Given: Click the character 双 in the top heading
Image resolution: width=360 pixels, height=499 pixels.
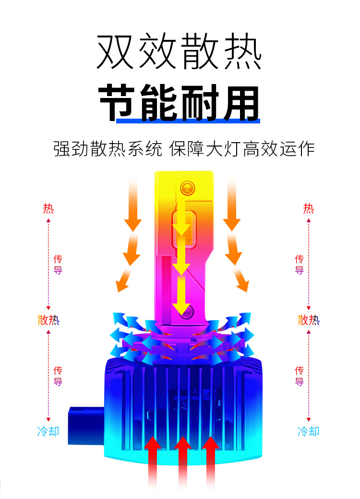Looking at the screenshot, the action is point(116,52).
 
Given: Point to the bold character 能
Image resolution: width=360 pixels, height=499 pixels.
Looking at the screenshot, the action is point(159,102).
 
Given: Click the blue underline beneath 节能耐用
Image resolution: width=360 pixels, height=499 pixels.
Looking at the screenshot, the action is point(188,121).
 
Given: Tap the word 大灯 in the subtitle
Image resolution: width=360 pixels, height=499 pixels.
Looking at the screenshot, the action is point(218,148).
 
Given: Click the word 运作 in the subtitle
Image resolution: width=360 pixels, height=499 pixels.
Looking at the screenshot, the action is point(303,148).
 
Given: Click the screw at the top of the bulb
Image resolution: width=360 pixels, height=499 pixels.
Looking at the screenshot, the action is point(187,186).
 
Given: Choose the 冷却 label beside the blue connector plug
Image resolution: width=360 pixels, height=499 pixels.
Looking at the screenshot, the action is point(48,431).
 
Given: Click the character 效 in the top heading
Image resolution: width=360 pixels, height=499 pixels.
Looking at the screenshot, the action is point(158,52).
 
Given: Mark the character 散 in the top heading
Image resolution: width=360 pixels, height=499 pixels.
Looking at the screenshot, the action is point(201,52).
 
